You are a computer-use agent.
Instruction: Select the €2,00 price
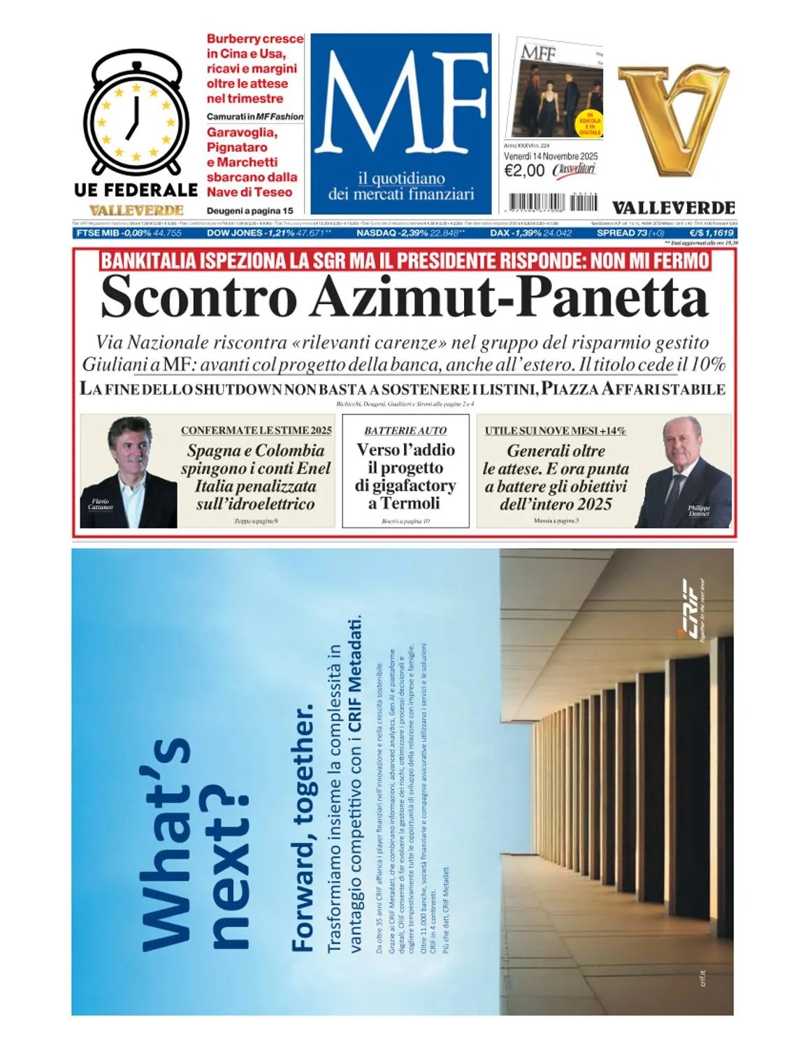coord(524,171)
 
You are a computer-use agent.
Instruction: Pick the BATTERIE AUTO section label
coord(405,431)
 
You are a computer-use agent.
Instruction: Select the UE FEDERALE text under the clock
coord(136,190)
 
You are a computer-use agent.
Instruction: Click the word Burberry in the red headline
coord(233,39)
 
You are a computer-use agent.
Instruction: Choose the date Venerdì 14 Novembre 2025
coord(551,156)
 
